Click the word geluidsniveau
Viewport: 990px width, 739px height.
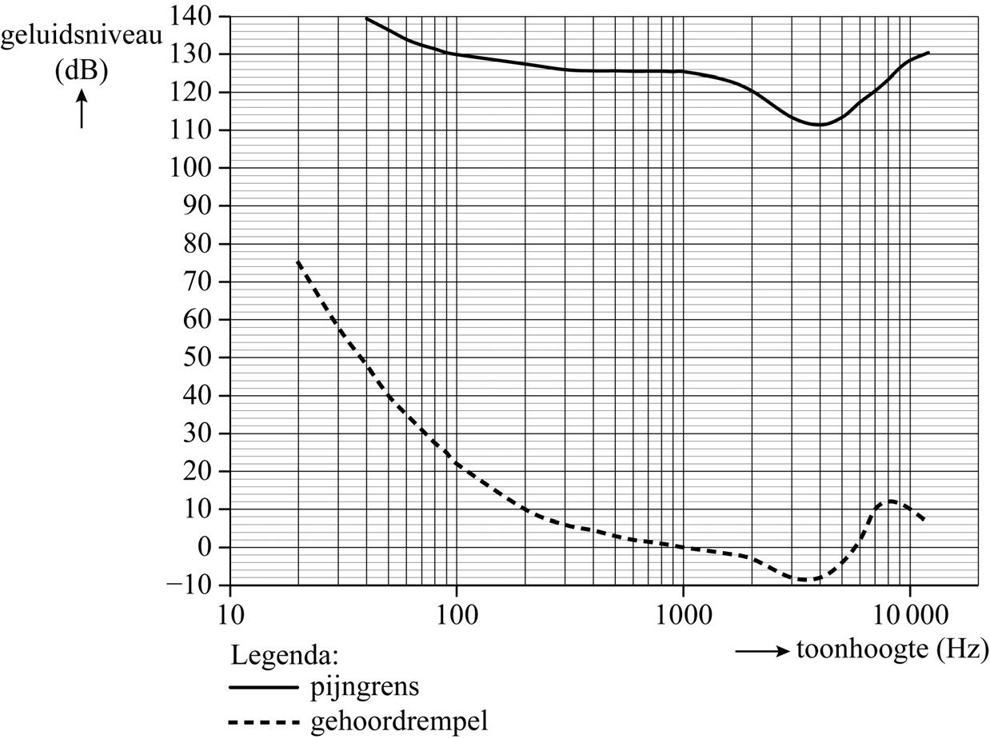(82, 38)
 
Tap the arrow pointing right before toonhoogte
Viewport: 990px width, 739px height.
(762, 651)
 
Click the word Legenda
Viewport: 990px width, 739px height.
(285, 655)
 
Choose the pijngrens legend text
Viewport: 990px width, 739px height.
(364, 686)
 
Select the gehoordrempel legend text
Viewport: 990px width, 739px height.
(397, 721)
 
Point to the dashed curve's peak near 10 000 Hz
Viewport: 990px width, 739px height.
(890, 501)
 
